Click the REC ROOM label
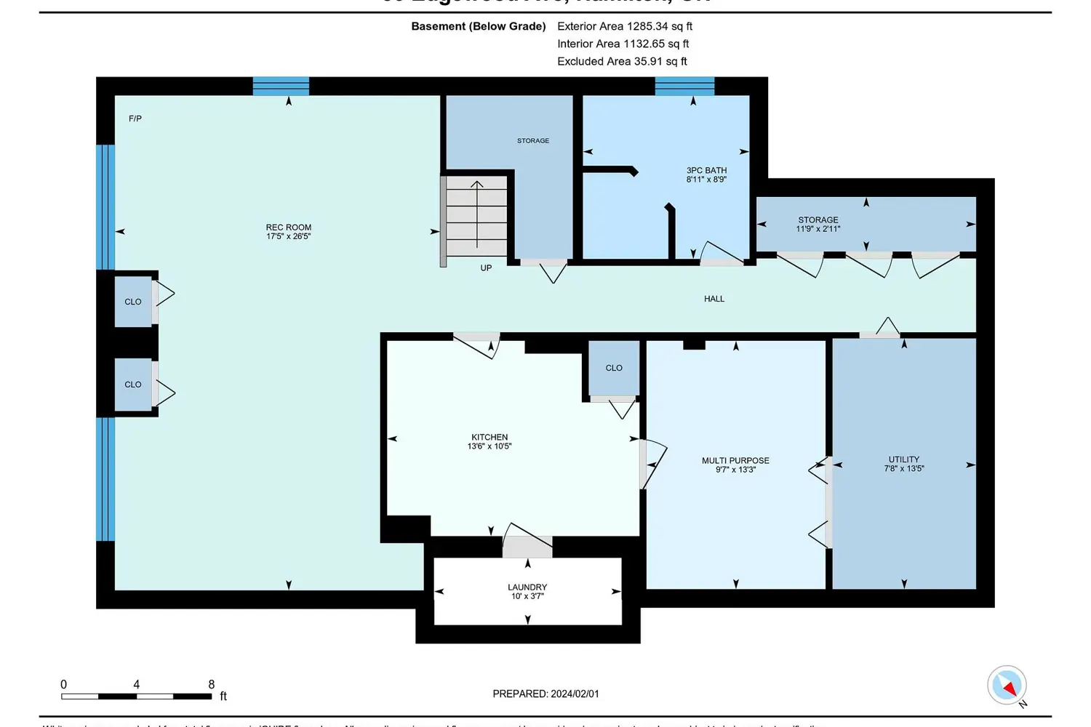click(x=288, y=228)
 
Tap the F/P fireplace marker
click(x=135, y=119)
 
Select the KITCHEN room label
click(x=489, y=438)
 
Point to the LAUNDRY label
click(x=527, y=587)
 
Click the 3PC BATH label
click(x=706, y=171)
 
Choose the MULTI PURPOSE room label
click(x=735, y=461)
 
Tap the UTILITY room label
click(x=903, y=459)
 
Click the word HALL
click(x=714, y=299)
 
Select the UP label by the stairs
click(x=486, y=268)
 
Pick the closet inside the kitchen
click(x=614, y=369)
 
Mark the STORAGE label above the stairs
click(x=533, y=141)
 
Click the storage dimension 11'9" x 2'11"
click(x=818, y=229)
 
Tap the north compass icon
click(x=1007, y=686)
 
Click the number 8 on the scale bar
click(x=212, y=685)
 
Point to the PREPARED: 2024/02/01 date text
click(x=545, y=694)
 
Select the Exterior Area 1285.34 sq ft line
click(x=625, y=26)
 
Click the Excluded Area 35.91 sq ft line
click(x=622, y=62)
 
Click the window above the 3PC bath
click(x=684, y=87)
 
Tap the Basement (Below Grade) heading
click(x=479, y=26)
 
